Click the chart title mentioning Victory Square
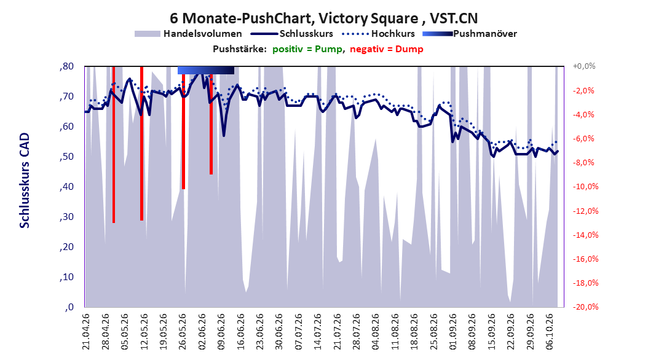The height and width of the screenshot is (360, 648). click(323, 18)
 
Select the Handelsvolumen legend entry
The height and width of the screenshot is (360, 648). click(189, 34)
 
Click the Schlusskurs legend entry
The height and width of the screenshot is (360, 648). click(292, 34)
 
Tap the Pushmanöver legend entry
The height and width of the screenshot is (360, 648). click(470, 34)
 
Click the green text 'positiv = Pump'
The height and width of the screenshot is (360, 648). click(307, 49)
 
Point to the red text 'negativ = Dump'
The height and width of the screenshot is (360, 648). click(387, 49)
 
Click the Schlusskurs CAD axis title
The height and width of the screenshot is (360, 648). click(25, 181)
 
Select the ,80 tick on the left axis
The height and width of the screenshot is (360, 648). click(66, 66)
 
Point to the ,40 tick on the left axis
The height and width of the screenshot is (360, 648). click(66, 187)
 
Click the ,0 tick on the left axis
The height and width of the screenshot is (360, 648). click(69, 307)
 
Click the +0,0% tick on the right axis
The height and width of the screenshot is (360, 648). click(584, 66)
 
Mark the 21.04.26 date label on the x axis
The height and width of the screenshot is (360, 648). click(85, 332)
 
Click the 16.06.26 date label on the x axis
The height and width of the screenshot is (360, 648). click(240, 332)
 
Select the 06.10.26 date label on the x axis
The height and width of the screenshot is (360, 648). click(550, 332)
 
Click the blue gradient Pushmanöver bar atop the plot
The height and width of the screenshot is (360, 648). click(206, 70)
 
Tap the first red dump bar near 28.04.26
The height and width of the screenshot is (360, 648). click(114, 144)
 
